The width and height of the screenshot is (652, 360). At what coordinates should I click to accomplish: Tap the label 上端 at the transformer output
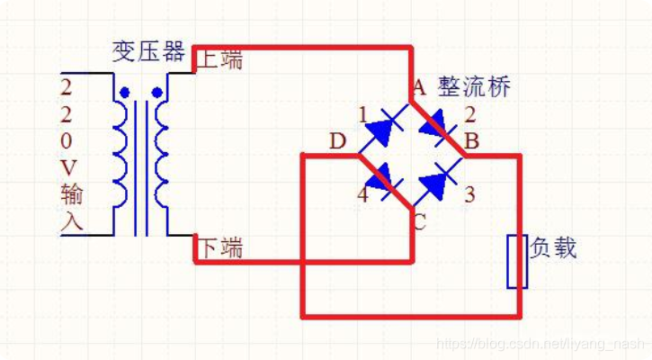click(219, 60)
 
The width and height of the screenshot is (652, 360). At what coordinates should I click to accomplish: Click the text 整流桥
click(474, 86)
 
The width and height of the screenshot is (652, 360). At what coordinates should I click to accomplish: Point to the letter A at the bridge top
click(417, 87)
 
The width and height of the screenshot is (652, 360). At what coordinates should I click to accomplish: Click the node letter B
click(470, 141)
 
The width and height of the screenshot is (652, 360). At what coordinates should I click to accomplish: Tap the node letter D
click(337, 141)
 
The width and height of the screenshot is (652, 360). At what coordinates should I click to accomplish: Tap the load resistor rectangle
click(516, 261)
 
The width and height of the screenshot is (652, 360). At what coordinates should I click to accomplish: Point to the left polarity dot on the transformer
click(124, 93)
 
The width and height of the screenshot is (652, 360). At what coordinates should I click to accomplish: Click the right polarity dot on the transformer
click(157, 93)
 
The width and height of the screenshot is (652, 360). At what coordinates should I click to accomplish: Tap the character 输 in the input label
click(71, 193)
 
